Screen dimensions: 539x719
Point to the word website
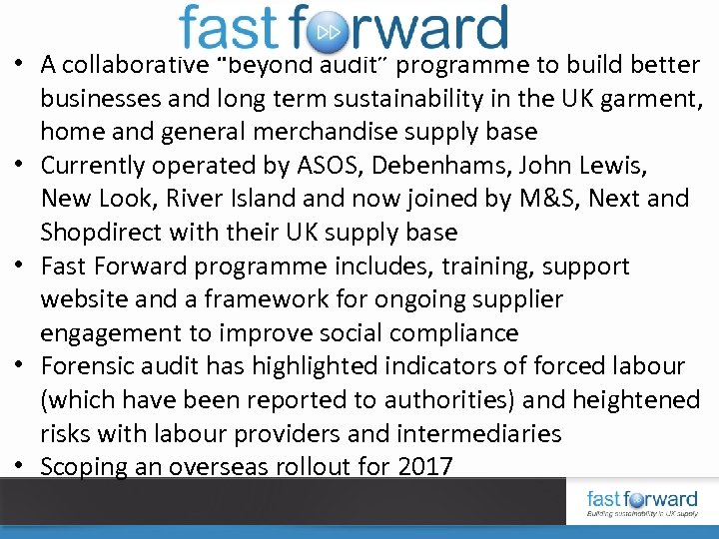[x=87, y=299]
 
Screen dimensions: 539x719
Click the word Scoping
[x=89, y=466]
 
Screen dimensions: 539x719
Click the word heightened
[x=636, y=400]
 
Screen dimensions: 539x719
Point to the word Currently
[x=97, y=165]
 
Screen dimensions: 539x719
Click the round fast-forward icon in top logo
[x=329, y=31]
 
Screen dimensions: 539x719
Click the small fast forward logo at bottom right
[x=641, y=503]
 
